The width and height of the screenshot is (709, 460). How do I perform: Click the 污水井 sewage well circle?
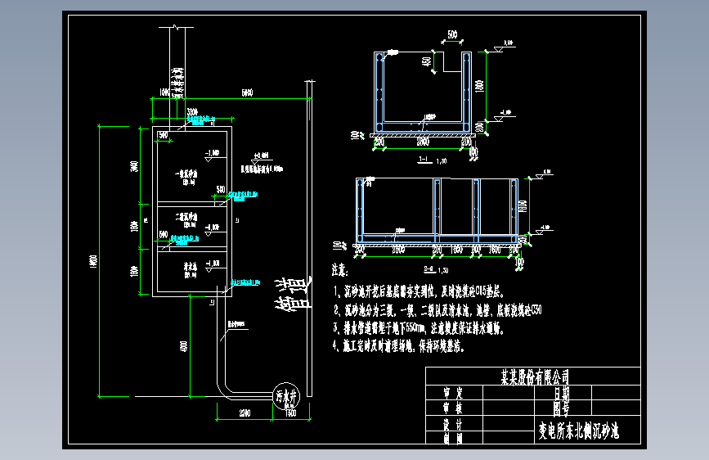286,395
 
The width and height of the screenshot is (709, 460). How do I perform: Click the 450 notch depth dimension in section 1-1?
427,61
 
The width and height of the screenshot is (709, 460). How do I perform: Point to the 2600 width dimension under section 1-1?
422,142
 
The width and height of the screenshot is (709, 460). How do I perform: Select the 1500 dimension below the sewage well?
289,413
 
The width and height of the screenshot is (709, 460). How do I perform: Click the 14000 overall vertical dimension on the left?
93,260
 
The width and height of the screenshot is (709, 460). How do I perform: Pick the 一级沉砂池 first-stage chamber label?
189,174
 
